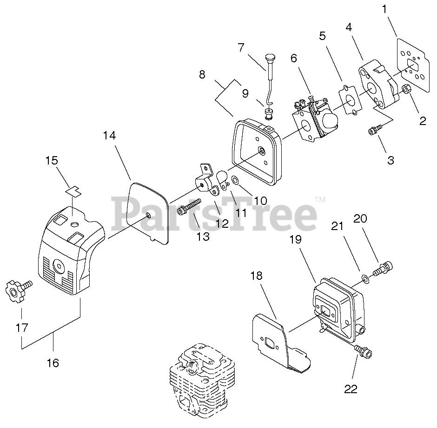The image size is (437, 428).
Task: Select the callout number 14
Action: (109, 136)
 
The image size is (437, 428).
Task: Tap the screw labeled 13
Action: (189, 207)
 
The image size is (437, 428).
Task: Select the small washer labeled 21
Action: (366, 278)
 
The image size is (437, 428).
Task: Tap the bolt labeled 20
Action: (384, 267)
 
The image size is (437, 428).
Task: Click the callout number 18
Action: (257, 276)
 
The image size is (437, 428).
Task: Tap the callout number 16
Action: (53, 362)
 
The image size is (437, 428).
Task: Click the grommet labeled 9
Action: (268, 113)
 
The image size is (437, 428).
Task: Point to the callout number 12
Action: (222, 223)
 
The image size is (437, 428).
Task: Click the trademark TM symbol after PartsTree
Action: (320, 200)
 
